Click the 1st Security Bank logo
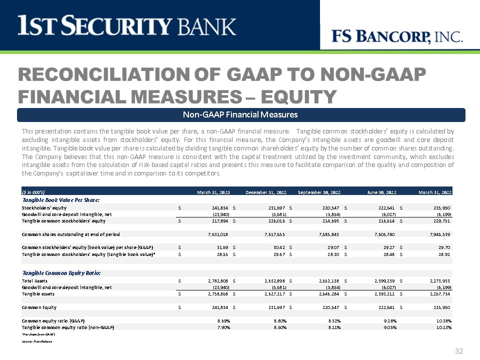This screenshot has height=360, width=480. point(126,25)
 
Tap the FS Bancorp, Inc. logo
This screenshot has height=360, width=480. point(397,36)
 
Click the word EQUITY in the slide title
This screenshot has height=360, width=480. point(290,95)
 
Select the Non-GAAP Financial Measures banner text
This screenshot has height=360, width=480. point(240,115)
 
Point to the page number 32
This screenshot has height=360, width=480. point(459,351)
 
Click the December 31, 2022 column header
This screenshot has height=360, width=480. point(266,192)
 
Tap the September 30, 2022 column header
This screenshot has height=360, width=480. point(318,192)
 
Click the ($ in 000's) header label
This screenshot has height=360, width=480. point(33,192)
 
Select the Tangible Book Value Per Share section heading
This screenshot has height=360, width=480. point(60,199)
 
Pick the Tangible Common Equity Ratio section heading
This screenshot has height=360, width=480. point(61,273)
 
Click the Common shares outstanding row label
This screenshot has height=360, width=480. point(70,234)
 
